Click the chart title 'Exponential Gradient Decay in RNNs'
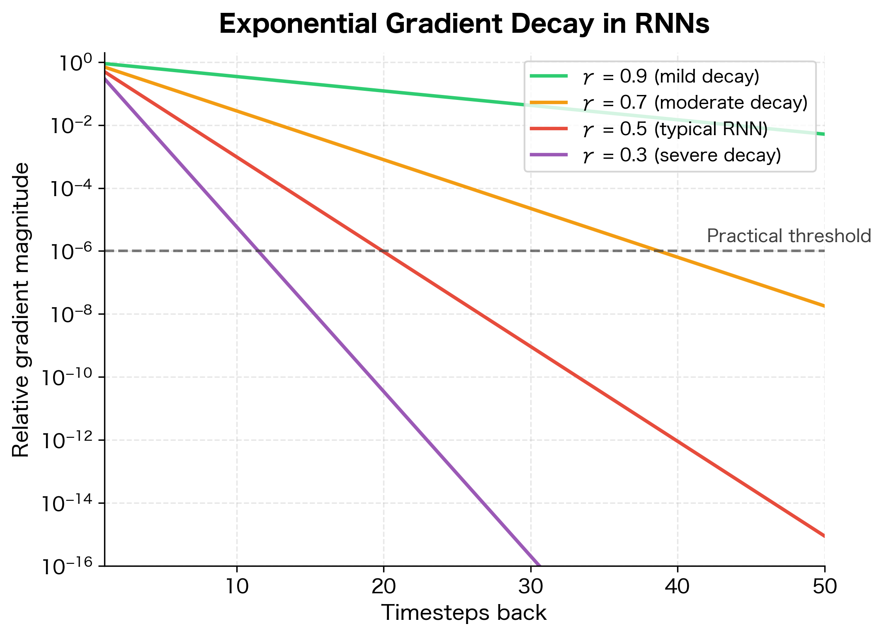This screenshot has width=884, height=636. point(464,24)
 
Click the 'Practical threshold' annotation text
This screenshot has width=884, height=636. point(789,236)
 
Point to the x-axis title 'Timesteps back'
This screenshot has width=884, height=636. point(464,613)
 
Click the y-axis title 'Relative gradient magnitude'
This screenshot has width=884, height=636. point(21,310)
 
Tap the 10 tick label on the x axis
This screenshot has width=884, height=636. point(237,586)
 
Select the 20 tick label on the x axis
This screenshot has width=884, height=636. point(384,586)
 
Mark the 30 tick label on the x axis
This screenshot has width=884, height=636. point(530,586)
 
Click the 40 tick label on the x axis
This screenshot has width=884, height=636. point(678,586)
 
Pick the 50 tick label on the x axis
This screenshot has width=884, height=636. point(824,586)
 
